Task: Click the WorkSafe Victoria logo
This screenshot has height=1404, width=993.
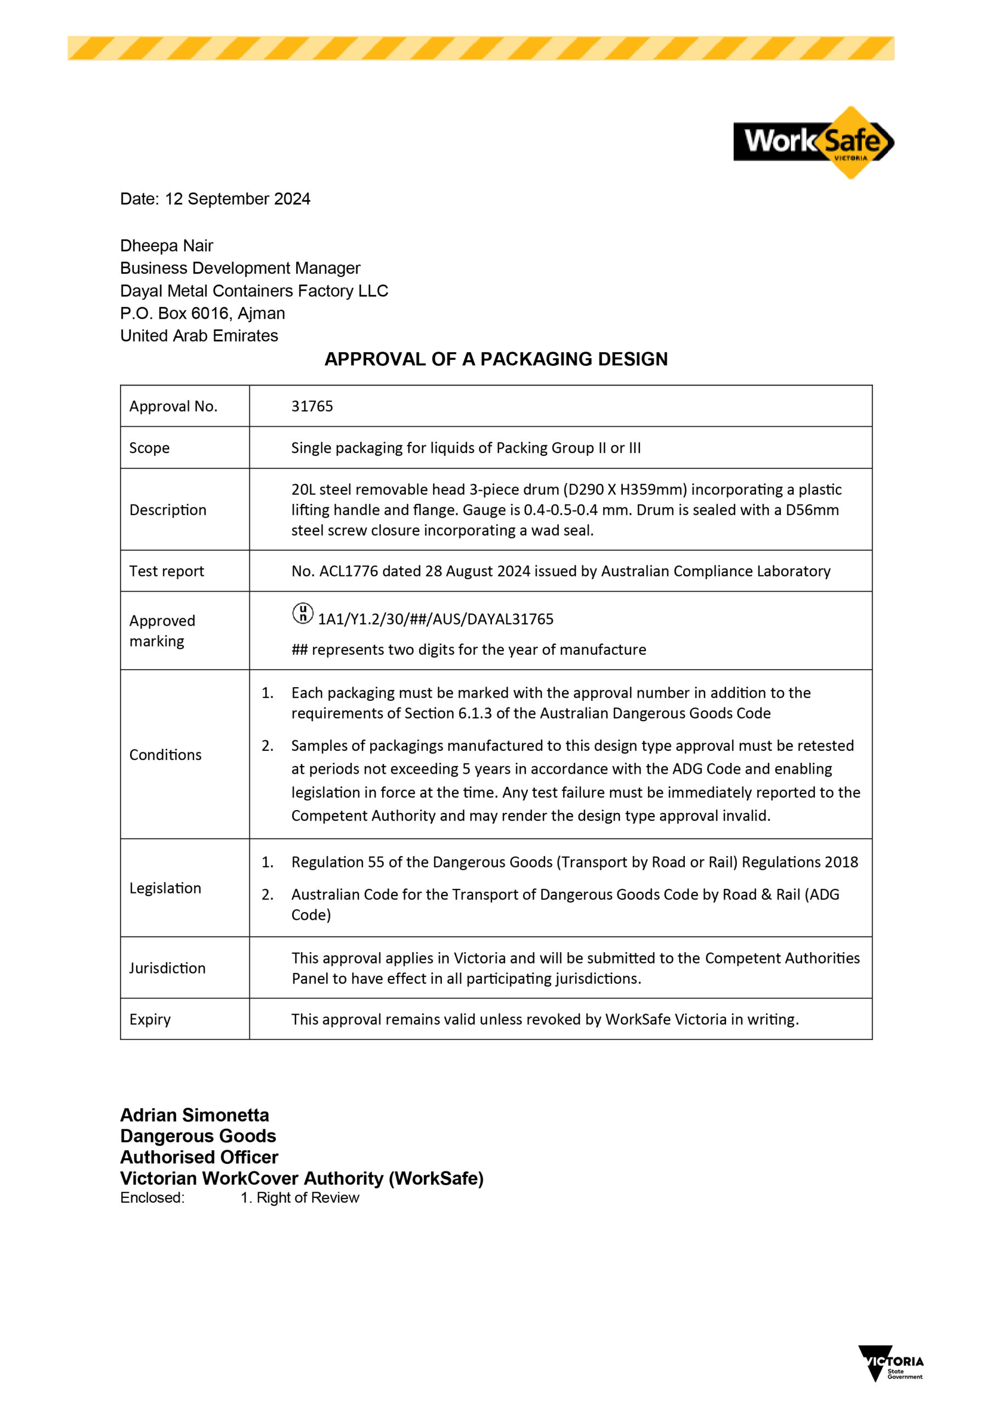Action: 813,142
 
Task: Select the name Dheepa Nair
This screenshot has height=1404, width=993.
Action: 166,246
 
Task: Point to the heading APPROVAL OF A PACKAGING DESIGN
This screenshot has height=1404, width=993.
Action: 496,359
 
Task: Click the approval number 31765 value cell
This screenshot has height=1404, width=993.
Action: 312,406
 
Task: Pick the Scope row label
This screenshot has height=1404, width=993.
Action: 149,448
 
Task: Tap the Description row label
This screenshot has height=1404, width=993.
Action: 168,510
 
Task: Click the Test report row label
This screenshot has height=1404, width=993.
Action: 166,571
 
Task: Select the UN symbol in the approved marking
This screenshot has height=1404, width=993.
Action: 303,613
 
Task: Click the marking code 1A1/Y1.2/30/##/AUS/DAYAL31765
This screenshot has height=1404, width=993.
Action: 435,619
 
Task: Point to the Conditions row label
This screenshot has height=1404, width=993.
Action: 165,755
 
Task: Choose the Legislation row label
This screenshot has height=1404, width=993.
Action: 165,888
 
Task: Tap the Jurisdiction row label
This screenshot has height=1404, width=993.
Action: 167,968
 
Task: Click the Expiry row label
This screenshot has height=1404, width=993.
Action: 150,1020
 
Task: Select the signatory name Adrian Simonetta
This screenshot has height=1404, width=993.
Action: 195,1115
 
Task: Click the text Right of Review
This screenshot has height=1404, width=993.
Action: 308,1197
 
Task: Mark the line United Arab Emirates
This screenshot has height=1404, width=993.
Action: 198,336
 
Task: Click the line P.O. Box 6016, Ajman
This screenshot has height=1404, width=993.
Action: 202,313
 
